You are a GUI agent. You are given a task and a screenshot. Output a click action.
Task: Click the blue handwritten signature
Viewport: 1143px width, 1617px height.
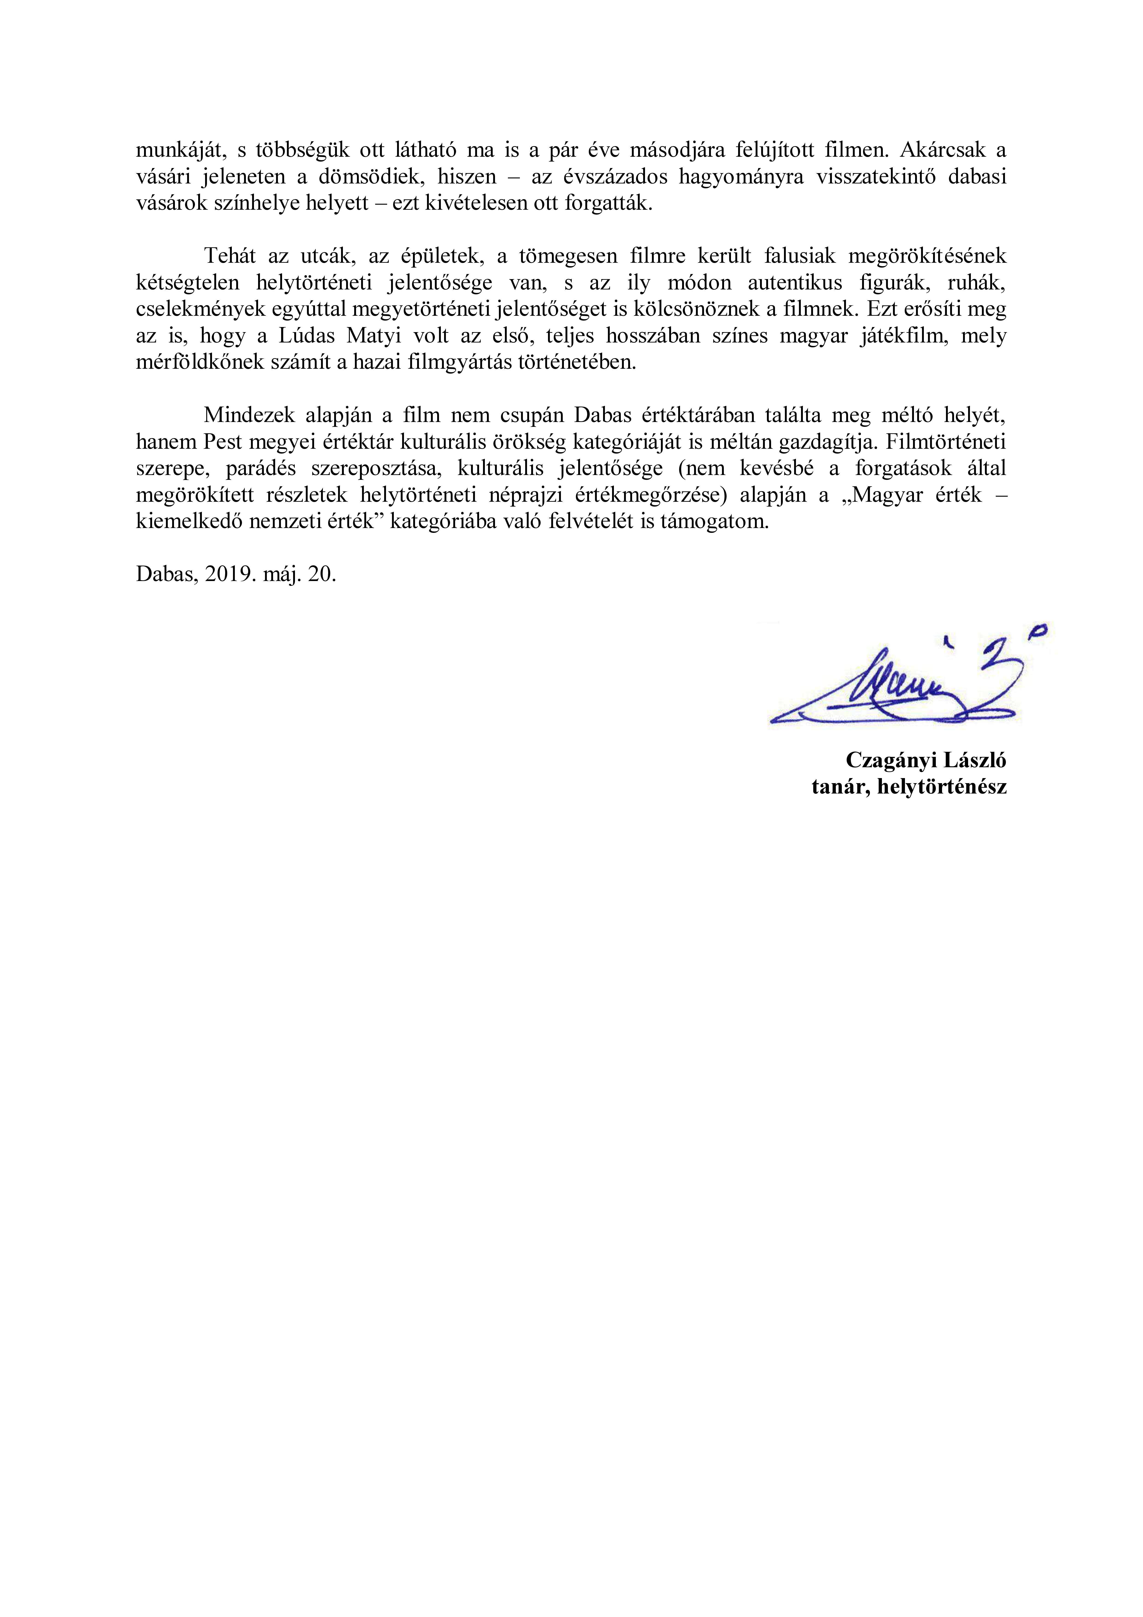click(x=908, y=683)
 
